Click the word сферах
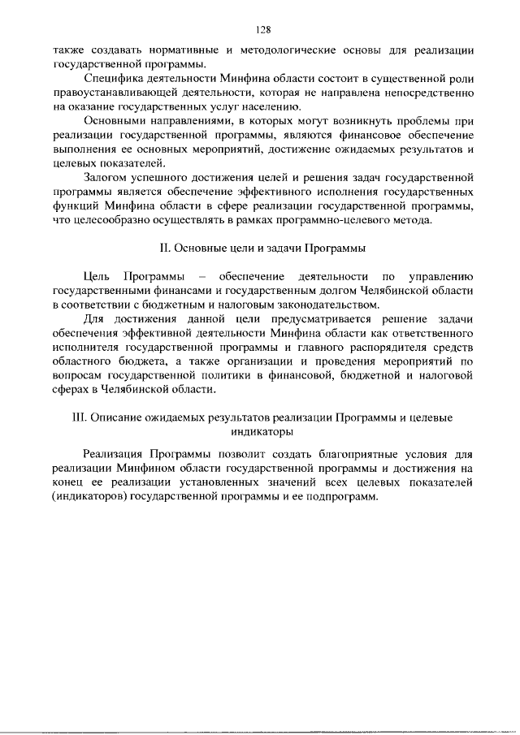(70, 390)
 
